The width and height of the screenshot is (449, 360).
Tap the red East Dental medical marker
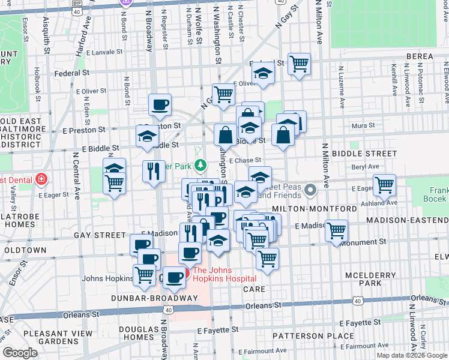[x=40, y=178]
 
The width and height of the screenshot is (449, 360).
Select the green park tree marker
[x=202, y=164]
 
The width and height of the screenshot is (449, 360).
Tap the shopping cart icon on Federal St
[x=298, y=64]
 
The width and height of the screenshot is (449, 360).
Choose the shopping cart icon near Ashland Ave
[x=384, y=184]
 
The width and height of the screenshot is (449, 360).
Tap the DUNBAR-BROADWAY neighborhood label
[x=154, y=298]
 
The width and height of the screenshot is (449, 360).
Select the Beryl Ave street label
[x=366, y=167]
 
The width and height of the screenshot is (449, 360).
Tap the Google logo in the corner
[x=20, y=353]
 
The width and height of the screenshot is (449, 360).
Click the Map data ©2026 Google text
[x=412, y=355]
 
